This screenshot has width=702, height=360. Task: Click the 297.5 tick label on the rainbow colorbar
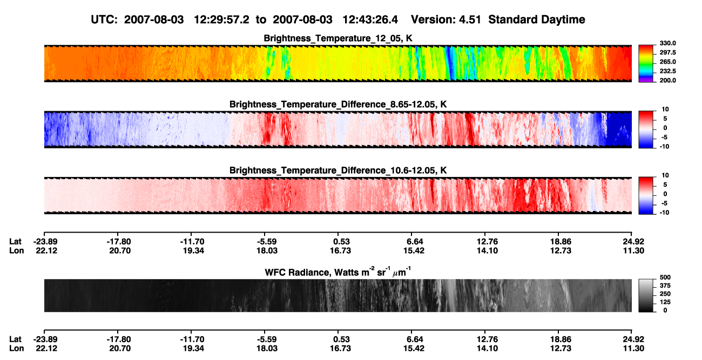667,52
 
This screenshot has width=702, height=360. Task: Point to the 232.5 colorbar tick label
667,71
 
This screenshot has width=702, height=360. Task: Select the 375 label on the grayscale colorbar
665,286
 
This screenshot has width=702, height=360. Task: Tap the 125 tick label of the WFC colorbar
665,302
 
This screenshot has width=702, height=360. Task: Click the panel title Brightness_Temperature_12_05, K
338,38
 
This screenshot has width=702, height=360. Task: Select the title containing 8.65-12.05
338,104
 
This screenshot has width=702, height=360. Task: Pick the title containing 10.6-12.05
338,171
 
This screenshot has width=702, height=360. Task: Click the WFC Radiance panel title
338,272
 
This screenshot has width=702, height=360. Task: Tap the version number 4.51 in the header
470,19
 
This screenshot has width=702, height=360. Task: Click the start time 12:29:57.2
221,19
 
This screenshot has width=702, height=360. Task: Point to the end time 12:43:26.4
370,19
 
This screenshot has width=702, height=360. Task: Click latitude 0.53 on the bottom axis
341,339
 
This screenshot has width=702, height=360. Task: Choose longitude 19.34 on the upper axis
193,250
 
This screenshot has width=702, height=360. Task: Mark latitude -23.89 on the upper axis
45,242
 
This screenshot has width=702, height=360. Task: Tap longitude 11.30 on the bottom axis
633,349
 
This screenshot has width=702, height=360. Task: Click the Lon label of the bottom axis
16,349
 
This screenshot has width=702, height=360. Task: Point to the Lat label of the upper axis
15,242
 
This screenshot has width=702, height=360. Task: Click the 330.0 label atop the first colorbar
667,43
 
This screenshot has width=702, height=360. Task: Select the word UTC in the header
104,19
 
